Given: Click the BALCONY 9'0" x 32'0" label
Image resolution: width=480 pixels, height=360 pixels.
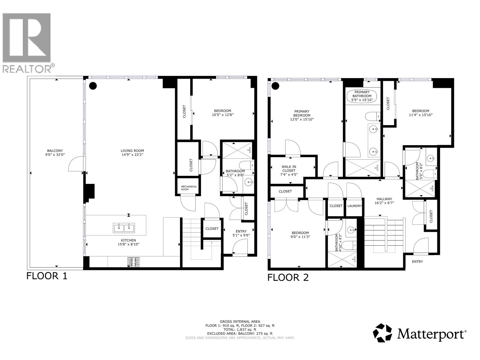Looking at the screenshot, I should [x=55, y=153].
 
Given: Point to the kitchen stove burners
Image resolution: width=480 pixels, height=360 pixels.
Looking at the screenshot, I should [x=134, y=262].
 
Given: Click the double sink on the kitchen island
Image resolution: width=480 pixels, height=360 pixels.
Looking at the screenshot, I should [x=124, y=228].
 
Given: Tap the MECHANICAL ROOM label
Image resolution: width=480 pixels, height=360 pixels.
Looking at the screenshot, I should [x=189, y=188].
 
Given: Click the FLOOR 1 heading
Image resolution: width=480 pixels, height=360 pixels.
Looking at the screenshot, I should [x=47, y=276].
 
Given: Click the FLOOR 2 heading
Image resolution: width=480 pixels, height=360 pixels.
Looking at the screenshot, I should [x=288, y=277].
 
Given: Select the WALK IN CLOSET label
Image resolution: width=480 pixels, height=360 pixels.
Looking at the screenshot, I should [x=289, y=170].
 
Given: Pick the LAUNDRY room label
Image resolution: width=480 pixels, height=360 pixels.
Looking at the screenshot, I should [x=354, y=206].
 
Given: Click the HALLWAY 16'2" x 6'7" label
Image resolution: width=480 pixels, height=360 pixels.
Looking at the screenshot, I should [x=384, y=201].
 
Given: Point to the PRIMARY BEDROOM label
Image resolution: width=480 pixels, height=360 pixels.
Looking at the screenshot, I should [x=302, y=115].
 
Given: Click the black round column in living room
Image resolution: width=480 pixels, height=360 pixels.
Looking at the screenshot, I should [x=93, y=86].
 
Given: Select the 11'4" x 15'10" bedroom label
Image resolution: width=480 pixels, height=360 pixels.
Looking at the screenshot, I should [x=421, y=113].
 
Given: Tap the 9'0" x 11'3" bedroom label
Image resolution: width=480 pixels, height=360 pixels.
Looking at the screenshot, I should [x=300, y=235].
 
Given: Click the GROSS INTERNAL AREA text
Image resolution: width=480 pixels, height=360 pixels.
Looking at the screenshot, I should [x=240, y=321].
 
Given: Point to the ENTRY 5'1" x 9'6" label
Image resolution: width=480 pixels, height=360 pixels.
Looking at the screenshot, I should [x=241, y=233].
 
